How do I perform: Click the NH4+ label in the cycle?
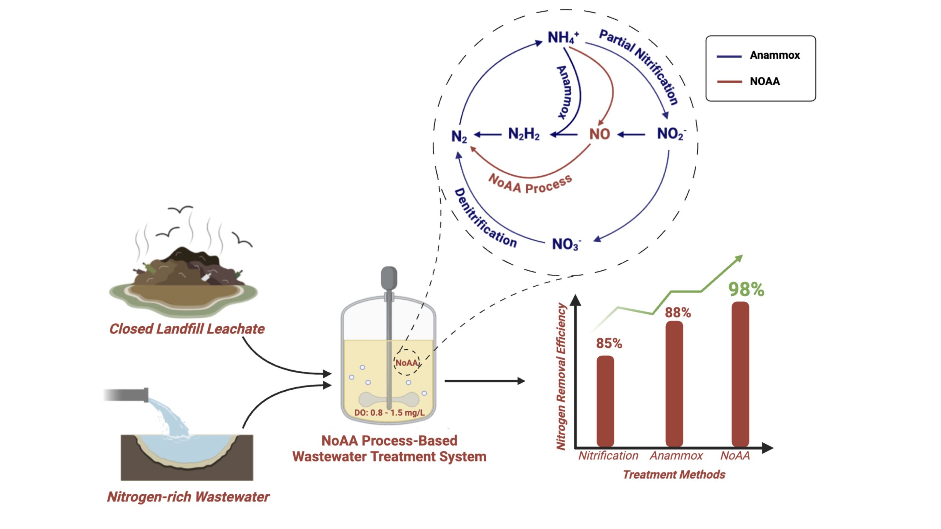coord(562,37)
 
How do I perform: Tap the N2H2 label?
coord(523,134)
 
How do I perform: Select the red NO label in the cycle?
coord(600,134)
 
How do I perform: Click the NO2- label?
coord(671,134)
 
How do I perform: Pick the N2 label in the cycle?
coord(459,137)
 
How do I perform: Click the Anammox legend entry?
coord(774,55)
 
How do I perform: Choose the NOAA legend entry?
coord(765,82)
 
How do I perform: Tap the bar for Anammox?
coord(674,384)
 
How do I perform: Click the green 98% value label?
coord(746,289)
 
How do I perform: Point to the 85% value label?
coord(609,343)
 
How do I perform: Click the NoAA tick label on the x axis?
coord(735,456)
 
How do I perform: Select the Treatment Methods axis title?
coord(674,475)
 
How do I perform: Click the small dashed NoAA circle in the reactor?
coord(407,363)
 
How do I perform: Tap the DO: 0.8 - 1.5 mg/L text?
coord(389,413)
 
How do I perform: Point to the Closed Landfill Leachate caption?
coord(187,329)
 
